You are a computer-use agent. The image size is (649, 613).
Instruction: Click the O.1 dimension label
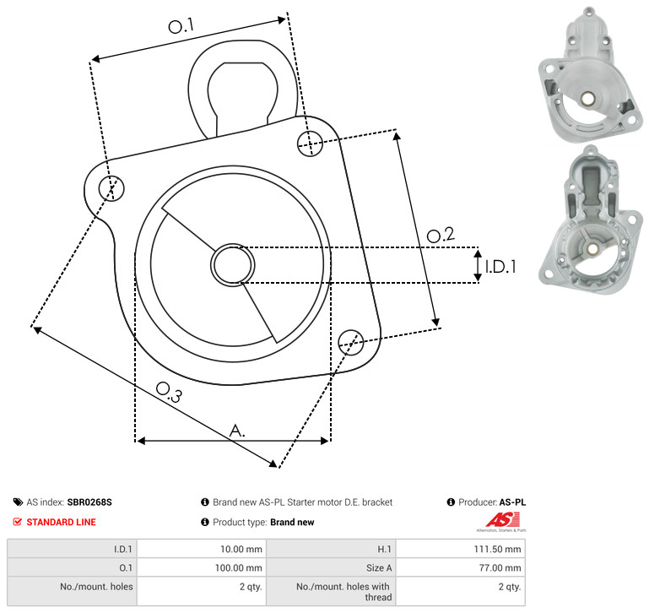click(181, 26)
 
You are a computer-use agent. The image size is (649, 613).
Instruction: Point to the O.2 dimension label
click(441, 235)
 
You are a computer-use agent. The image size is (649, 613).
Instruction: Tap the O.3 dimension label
click(169, 392)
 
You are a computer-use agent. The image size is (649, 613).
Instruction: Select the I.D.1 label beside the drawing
click(500, 267)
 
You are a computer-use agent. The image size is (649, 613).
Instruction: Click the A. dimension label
click(237, 431)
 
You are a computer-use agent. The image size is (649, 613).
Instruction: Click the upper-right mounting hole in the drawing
click(310, 144)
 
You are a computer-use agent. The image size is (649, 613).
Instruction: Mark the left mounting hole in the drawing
click(111, 188)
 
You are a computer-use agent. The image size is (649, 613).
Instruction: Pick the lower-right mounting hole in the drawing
click(351, 342)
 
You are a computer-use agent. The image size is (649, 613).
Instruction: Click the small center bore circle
click(233, 264)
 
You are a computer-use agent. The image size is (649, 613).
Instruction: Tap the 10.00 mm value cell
click(241, 549)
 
